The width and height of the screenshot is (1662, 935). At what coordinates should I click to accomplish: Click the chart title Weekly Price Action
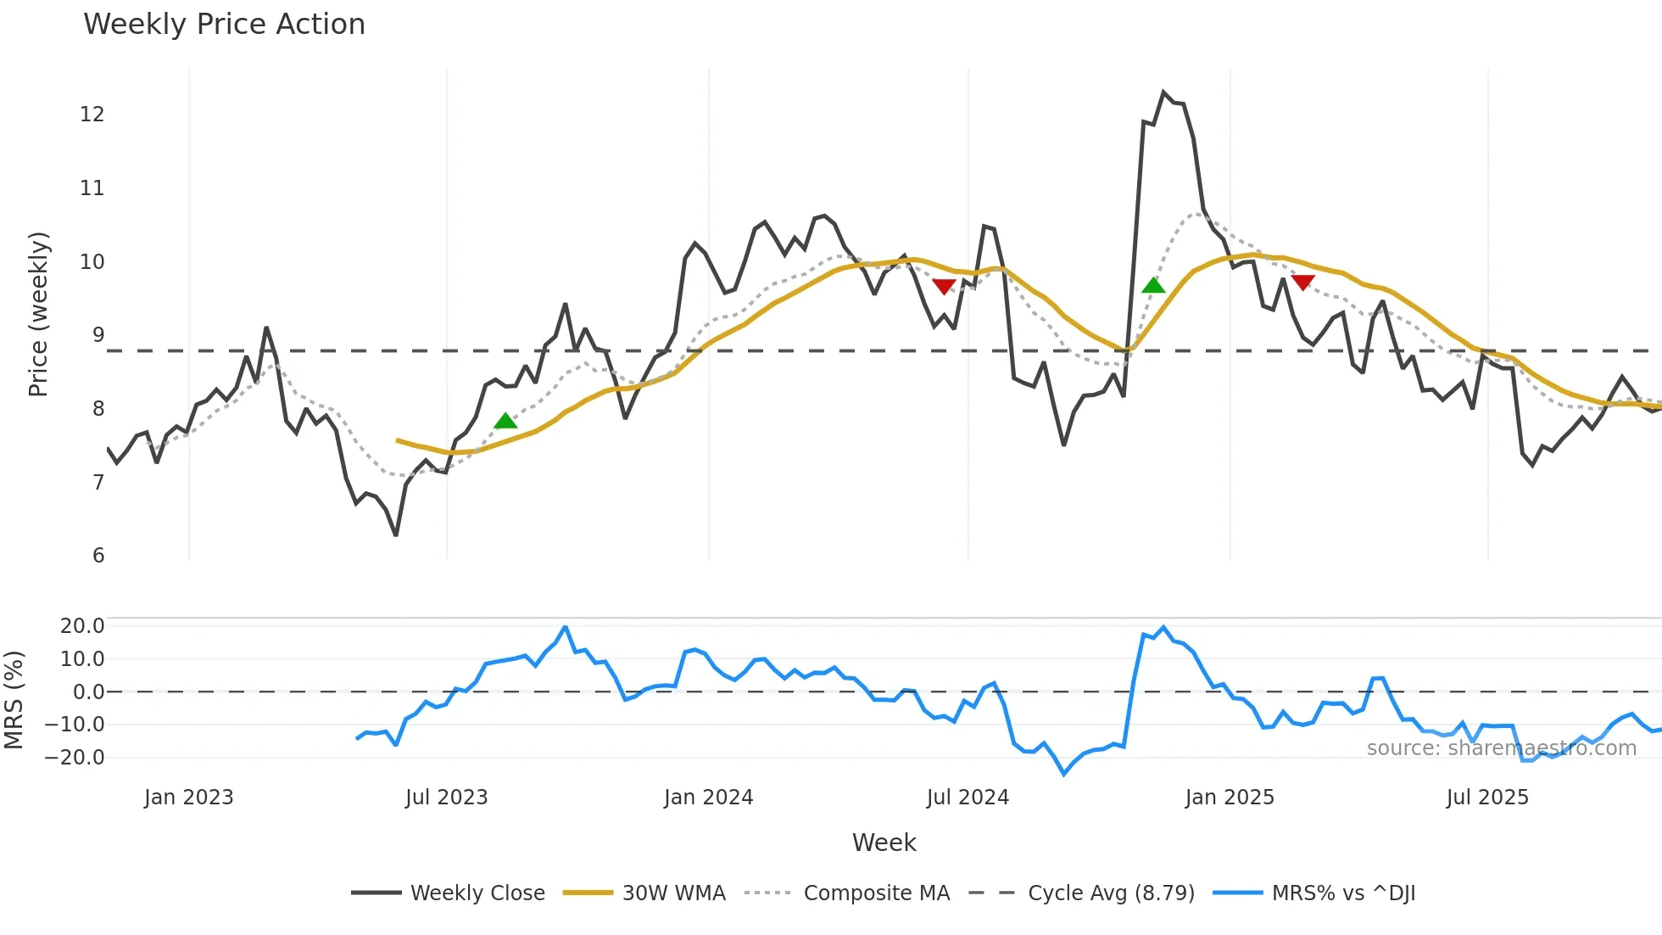[x=224, y=25]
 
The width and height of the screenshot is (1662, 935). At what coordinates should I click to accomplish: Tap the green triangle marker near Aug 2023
[x=505, y=421]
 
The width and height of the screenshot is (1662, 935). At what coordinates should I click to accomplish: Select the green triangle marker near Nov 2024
[x=1153, y=285]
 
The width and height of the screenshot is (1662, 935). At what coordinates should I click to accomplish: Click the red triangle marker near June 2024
[x=944, y=287]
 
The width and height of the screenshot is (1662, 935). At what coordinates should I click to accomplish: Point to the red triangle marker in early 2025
[x=1302, y=283]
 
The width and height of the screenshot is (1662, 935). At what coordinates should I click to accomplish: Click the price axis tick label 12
[x=92, y=115]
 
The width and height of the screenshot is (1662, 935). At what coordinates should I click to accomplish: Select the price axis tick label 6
[x=98, y=556]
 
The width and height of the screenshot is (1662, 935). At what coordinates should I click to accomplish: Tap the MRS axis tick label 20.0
[x=82, y=626]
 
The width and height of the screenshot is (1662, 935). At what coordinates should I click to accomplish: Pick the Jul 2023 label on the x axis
[x=446, y=798]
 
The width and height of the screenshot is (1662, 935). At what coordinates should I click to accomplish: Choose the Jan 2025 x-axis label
[x=1229, y=798]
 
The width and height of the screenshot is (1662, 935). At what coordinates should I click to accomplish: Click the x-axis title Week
[x=884, y=843]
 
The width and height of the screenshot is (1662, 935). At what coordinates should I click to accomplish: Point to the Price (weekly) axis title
[x=39, y=314]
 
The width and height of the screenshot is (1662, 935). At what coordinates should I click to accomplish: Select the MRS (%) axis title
[x=14, y=700]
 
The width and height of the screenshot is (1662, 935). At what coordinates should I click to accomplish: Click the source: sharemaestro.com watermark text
[x=1501, y=748]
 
